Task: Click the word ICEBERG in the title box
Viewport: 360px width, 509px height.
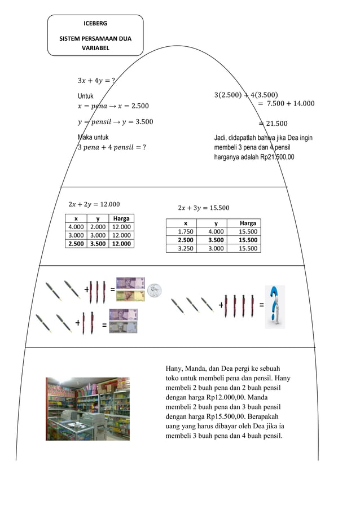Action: pos(95,24)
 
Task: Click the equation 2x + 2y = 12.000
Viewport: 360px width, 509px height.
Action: pos(93,204)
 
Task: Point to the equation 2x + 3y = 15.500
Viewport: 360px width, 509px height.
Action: pos(203,208)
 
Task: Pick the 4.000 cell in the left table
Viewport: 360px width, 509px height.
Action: pos(76,227)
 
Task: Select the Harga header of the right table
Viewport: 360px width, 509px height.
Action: pos(247,223)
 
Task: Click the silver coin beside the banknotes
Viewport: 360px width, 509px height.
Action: pos(155,289)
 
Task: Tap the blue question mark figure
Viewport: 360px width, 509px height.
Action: pos(275,306)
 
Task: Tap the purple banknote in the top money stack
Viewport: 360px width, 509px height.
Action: pos(130,283)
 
